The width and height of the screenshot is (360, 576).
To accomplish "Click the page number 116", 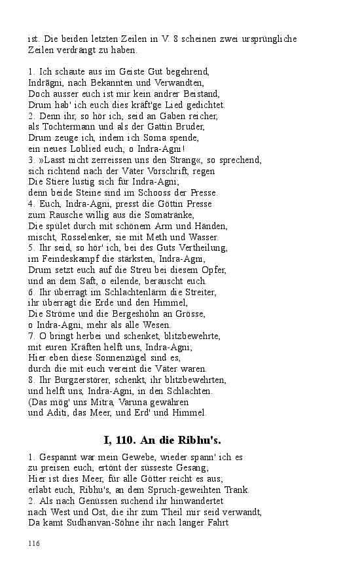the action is [34, 543].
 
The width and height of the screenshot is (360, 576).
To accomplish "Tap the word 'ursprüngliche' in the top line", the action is [270, 39].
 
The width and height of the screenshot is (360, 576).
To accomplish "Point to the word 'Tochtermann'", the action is [65, 126].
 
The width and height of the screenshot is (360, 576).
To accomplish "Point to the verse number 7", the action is [31, 335].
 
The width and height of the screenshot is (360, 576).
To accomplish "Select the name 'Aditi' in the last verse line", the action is [56, 412].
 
